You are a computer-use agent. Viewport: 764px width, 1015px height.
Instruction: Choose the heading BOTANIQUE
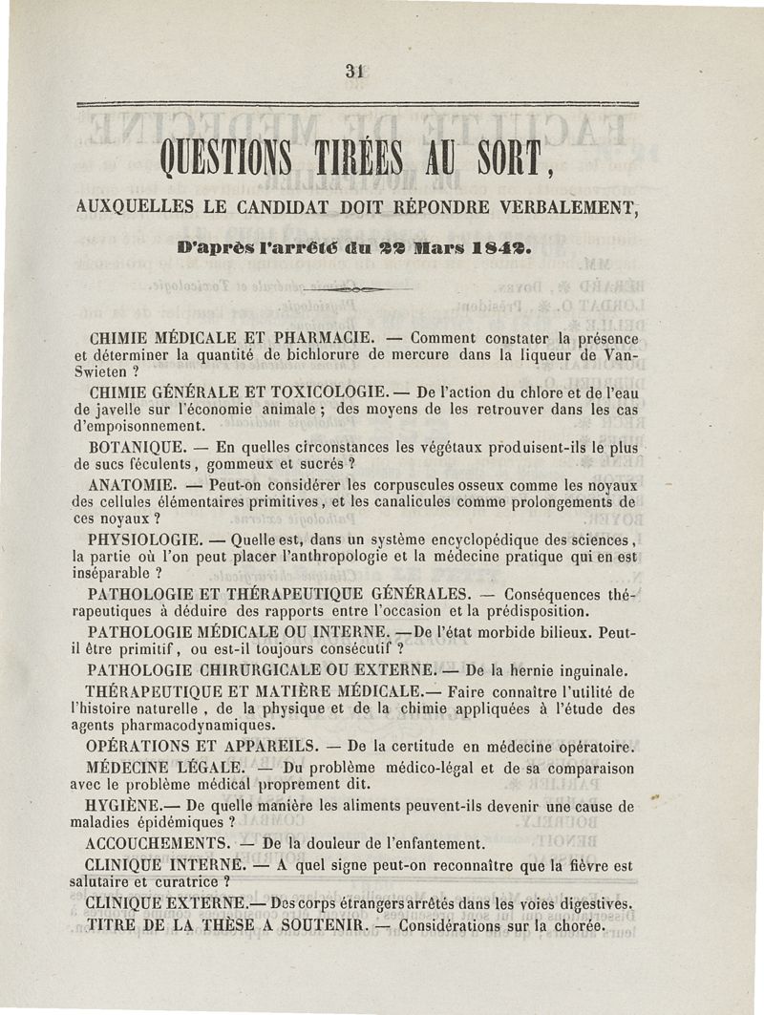133,446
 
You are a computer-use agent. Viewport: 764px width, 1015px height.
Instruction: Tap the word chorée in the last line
576,926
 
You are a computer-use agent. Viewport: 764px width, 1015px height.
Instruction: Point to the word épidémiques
181,823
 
